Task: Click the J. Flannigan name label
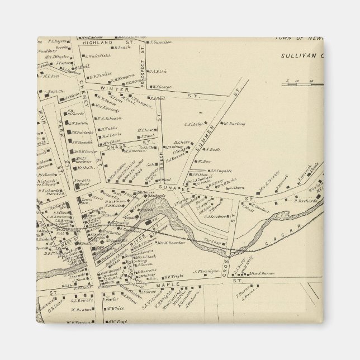[205, 272]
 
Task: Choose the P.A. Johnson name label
[109, 119]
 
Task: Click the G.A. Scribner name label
[214, 216]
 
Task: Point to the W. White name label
[115, 308]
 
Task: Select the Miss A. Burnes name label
[260, 273]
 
